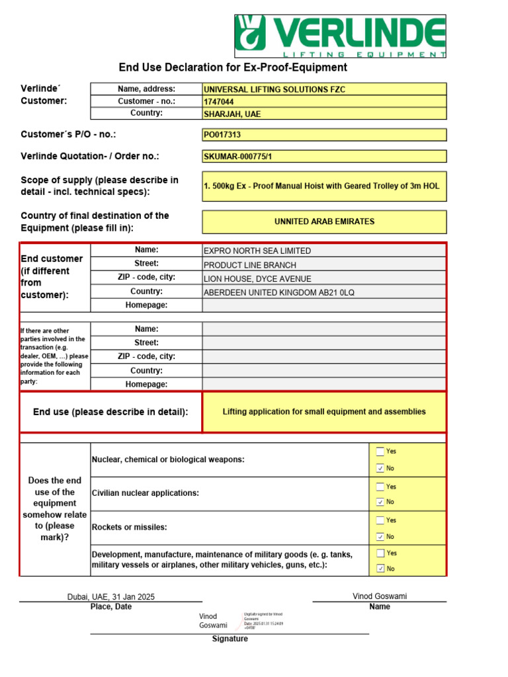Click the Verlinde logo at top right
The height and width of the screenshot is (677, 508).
(x=341, y=36)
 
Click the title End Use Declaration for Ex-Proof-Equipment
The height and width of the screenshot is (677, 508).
(x=233, y=67)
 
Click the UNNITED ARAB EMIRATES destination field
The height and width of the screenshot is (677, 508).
(x=324, y=221)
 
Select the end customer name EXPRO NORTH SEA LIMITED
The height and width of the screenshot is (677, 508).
(x=257, y=251)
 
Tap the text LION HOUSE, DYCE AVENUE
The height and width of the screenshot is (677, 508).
(x=257, y=279)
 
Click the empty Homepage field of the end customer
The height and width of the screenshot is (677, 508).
(x=324, y=305)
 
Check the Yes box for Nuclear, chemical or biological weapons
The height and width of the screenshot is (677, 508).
(x=380, y=452)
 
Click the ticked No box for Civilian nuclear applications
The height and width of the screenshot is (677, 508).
(x=380, y=502)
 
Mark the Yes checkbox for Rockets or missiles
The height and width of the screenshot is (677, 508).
(x=380, y=520)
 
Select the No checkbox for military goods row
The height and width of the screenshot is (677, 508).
(x=380, y=569)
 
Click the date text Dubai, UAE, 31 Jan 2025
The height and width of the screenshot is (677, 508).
(x=111, y=597)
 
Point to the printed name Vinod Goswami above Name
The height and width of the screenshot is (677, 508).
(x=380, y=596)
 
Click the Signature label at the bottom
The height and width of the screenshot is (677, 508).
(x=230, y=639)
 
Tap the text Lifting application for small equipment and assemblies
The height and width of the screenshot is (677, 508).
(x=324, y=412)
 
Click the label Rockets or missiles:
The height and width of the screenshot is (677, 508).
(x=129, y=528)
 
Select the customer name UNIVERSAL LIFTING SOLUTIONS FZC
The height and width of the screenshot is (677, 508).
(x=275, y=89)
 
